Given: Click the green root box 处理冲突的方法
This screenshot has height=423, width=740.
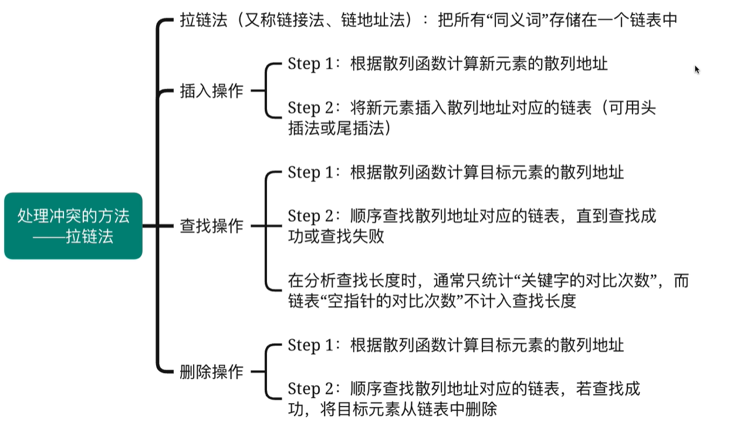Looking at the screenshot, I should tap(73, 226).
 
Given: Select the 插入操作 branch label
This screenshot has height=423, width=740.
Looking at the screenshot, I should tap(211, 91).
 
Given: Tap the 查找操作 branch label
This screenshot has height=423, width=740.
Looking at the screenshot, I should tap(211, 226).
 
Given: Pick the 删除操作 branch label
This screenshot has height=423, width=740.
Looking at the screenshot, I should tap(211, 371).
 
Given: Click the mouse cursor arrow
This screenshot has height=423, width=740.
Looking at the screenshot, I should tap(697, 70).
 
